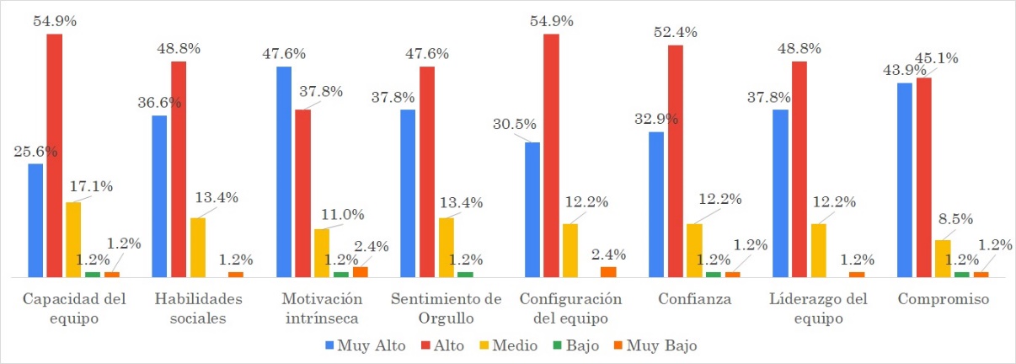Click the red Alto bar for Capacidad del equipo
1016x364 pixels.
(x=54, y=155)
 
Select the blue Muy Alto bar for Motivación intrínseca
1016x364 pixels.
(x=283, y=172)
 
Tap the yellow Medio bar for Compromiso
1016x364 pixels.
(x=944, y=258)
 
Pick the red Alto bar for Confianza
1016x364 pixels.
(x=675, y=161)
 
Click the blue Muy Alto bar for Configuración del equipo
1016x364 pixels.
(x=532, y=209)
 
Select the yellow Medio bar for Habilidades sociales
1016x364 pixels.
(x=197, y=247)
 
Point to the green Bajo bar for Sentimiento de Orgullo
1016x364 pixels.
(x=465, y=274)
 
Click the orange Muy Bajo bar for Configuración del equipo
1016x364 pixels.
(x=608, y=271)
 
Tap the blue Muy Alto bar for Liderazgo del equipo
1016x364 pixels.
(x=780, y=193)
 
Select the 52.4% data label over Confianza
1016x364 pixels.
(x=675, y=33)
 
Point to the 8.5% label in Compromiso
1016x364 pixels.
(x=954, y=219)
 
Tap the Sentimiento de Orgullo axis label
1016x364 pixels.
(x=445, y=308)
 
